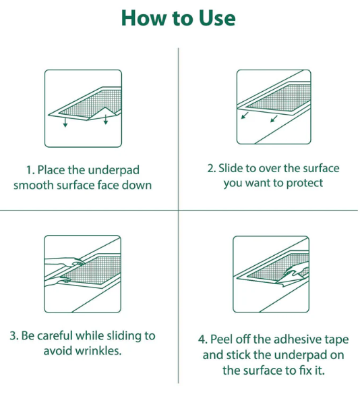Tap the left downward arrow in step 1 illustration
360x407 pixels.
(65, 122)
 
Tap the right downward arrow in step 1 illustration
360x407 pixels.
(105, 119)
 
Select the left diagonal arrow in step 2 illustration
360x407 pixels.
(245, 115)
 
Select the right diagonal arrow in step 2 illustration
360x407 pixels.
(274, 119)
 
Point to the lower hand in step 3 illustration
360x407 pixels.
(59, 281)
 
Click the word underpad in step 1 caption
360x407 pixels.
(114, 171)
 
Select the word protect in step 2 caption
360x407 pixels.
(305, 184)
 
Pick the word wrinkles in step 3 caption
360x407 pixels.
(98, 351)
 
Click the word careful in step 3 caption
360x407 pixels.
(55, 335)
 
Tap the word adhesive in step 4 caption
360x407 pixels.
(293, 340)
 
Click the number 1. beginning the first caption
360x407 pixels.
(30, 170)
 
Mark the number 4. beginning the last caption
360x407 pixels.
(203, 340)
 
